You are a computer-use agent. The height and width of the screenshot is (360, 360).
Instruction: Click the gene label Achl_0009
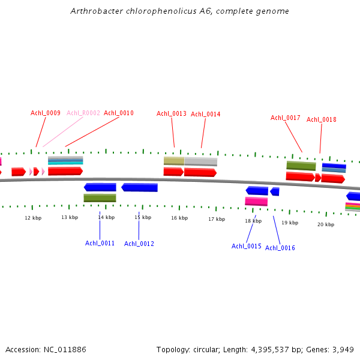coord(46,113)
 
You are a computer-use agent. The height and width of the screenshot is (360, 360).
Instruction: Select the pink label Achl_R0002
coord(83,113)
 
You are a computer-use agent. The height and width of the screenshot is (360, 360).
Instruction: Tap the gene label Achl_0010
coord(119,113)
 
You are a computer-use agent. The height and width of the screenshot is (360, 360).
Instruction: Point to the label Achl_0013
coord(172,113)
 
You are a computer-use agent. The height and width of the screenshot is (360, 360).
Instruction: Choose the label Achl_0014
coord(206,114)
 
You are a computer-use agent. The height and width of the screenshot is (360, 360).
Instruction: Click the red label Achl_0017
coord(286,118)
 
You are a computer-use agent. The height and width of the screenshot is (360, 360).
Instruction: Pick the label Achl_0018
coord(322,119)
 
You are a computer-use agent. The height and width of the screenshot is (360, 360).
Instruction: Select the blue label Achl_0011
coord(100,243)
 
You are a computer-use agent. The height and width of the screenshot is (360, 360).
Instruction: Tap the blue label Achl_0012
coord(139,244)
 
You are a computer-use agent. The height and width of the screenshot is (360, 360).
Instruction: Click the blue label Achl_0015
coord(247,246)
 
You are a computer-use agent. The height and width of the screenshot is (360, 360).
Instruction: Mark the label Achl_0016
coord(280,248)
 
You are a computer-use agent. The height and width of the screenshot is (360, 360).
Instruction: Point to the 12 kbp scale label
coord(33,218)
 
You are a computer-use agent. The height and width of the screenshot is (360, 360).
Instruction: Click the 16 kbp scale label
coord(179,218)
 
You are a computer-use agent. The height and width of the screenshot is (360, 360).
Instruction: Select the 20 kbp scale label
coord(326,224)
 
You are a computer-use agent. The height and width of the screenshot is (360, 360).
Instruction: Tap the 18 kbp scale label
coord(253,221)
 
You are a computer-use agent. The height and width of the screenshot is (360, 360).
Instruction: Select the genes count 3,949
coord(343,349)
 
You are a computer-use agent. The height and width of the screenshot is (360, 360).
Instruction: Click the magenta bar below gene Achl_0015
coord(256,201)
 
